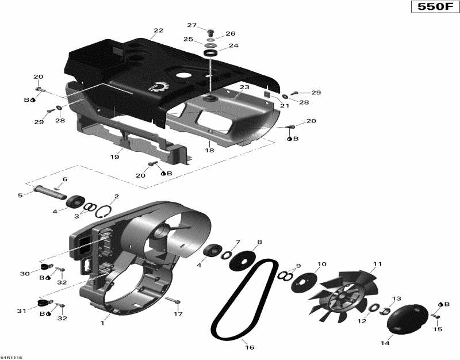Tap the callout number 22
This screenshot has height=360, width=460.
click(x=159, y=30)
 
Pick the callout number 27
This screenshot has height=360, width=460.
click(x=192, y=25)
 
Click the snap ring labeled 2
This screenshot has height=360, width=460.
click(x=105, y=212)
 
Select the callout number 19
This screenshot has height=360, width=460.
click(x=114, y=156)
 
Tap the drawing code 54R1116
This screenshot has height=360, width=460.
click(x=12, y=356)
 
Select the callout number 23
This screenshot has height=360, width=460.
click(x=244, y=87)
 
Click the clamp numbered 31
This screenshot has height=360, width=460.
click(x=42, y=302)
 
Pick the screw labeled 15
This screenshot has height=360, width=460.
click(x=435, y=315)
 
